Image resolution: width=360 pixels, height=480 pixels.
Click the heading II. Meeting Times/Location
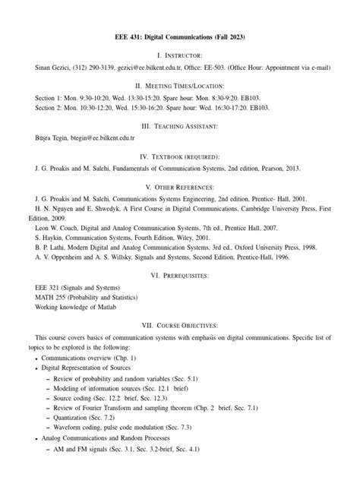[x=180, y=86]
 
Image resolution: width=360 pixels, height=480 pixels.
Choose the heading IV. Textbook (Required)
[x=180, y=156]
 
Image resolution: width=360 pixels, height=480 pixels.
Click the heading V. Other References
[x=180, y=186]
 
